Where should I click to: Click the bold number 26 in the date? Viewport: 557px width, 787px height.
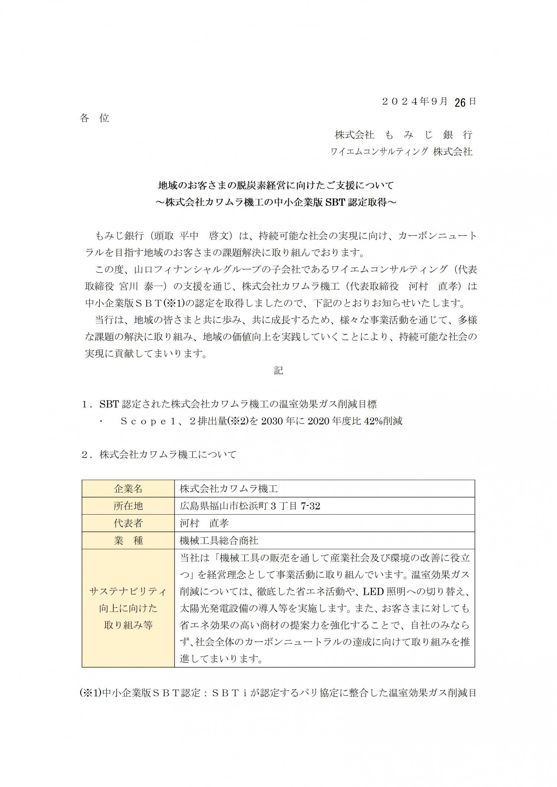[x=460, y=103]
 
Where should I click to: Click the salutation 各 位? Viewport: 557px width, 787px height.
[x=94, y=118]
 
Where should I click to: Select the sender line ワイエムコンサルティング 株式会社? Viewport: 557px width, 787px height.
[x=401, y=151]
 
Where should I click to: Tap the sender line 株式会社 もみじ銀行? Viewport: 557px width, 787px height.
[x=403, y=135]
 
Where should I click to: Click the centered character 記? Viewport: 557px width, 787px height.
[x=278, y=370]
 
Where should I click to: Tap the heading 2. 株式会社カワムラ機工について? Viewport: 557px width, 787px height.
[x=159, y=455]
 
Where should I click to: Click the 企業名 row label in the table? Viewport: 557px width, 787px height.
[x=128, y=489]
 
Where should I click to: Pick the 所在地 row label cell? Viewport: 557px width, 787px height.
[x=128, y=506]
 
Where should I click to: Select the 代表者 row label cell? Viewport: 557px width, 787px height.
[x=128, y=523]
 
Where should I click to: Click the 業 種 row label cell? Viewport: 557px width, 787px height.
[x=128, y=540]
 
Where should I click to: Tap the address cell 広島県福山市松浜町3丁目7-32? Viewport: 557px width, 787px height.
[x=250, y=506]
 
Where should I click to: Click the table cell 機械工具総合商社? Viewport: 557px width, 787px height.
[x=219, y=540]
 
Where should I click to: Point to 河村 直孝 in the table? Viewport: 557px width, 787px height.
[x=204, y=523]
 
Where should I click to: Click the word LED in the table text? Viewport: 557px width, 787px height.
[x=373, y=591]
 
